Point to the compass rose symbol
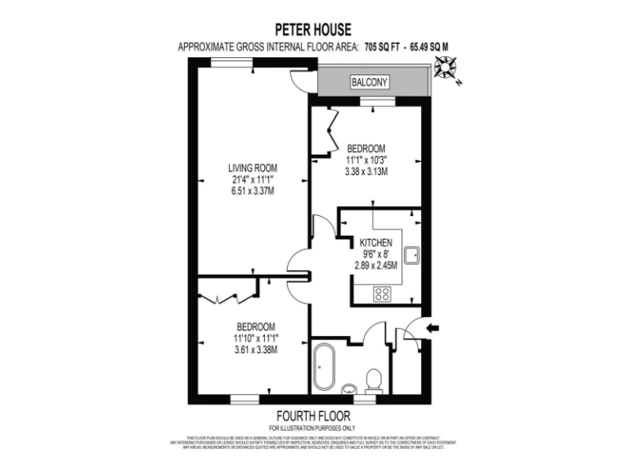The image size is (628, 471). pos(447,69)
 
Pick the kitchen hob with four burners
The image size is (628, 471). pos(383,294)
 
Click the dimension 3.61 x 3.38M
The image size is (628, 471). pos(254,349)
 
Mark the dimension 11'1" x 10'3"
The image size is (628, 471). pos(366,159)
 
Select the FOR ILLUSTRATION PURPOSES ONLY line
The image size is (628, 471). pos(314,428)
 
